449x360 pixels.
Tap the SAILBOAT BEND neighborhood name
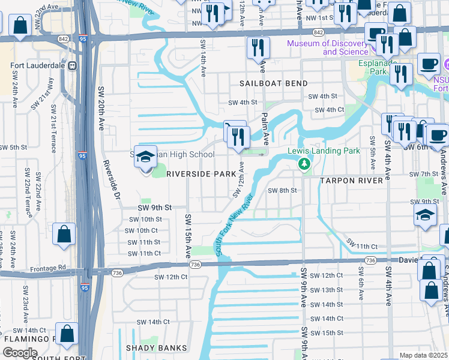(274, 83)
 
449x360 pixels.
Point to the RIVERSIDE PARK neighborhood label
(193, 173)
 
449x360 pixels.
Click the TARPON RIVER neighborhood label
(351, 181)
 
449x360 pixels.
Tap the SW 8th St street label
(283, 190)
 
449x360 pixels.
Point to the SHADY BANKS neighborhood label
(157, 348)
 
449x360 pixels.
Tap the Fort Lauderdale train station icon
(72, 65)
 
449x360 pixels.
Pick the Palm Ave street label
(264, 125)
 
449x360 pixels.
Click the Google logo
(20, 353)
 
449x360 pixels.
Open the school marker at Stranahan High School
(145, 158)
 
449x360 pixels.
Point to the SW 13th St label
(327, 290)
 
